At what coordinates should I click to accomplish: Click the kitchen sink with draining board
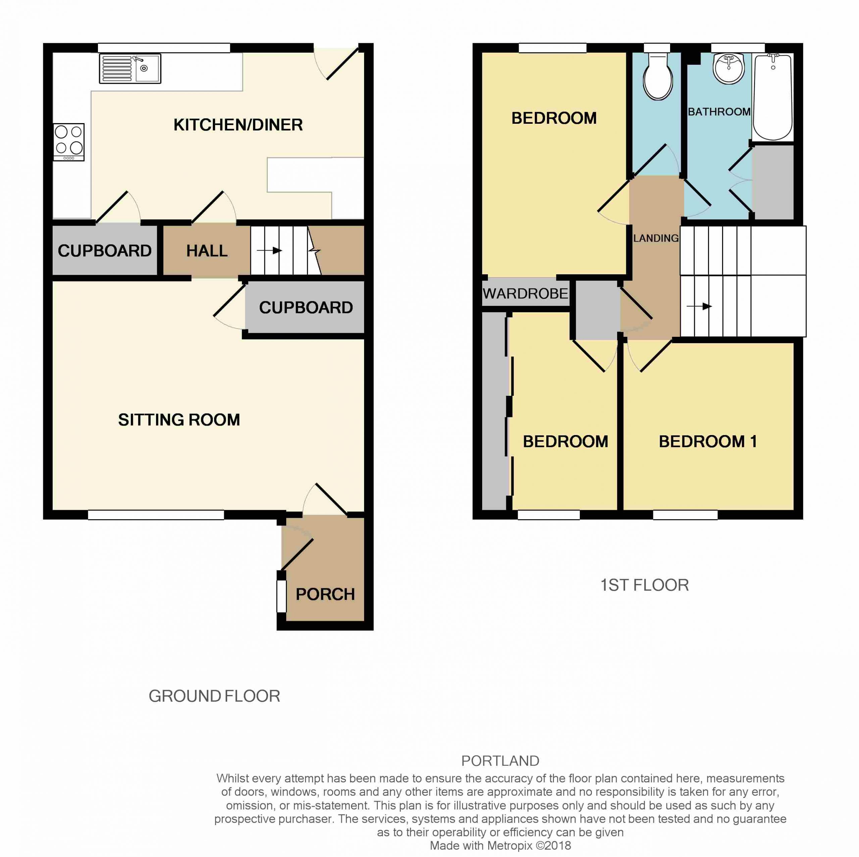pyautogui.click(x=130, y=69)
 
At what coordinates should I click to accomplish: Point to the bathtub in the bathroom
pyautogui.click(x=773, y=97)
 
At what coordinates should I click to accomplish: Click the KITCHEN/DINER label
pyautogui.click(x=238, y=125)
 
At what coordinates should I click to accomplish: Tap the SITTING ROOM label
pyautogui.click(x=179, y=420)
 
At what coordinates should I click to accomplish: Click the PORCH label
pyautogui.click(x=325, y=594)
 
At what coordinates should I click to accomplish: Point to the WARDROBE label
pyautogui.click(x=525, y=293)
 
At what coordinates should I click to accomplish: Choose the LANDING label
pyautogui.click(x=656, y=238)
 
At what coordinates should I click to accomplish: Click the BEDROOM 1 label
pyautogui.click(x=707, y=441)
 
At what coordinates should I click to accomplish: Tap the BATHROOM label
pyautogui.click(x=719, y=112)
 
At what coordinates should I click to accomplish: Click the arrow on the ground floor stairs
pyautogui.click(x=269, y=251)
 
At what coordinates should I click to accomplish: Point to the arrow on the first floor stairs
pyautogui.click(x=699, y=306)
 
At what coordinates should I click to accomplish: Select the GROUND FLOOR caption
pyautogui.click(x=214, y=696)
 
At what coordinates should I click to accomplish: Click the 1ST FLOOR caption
pyautogui.click(x=645, y=585)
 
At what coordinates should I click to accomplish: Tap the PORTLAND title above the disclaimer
pyautogui.click(x=500, y=760)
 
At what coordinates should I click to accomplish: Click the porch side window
pyautogui.click(x=282, y=596)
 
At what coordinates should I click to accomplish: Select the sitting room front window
pyautogui.click(x=156, y=515)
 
